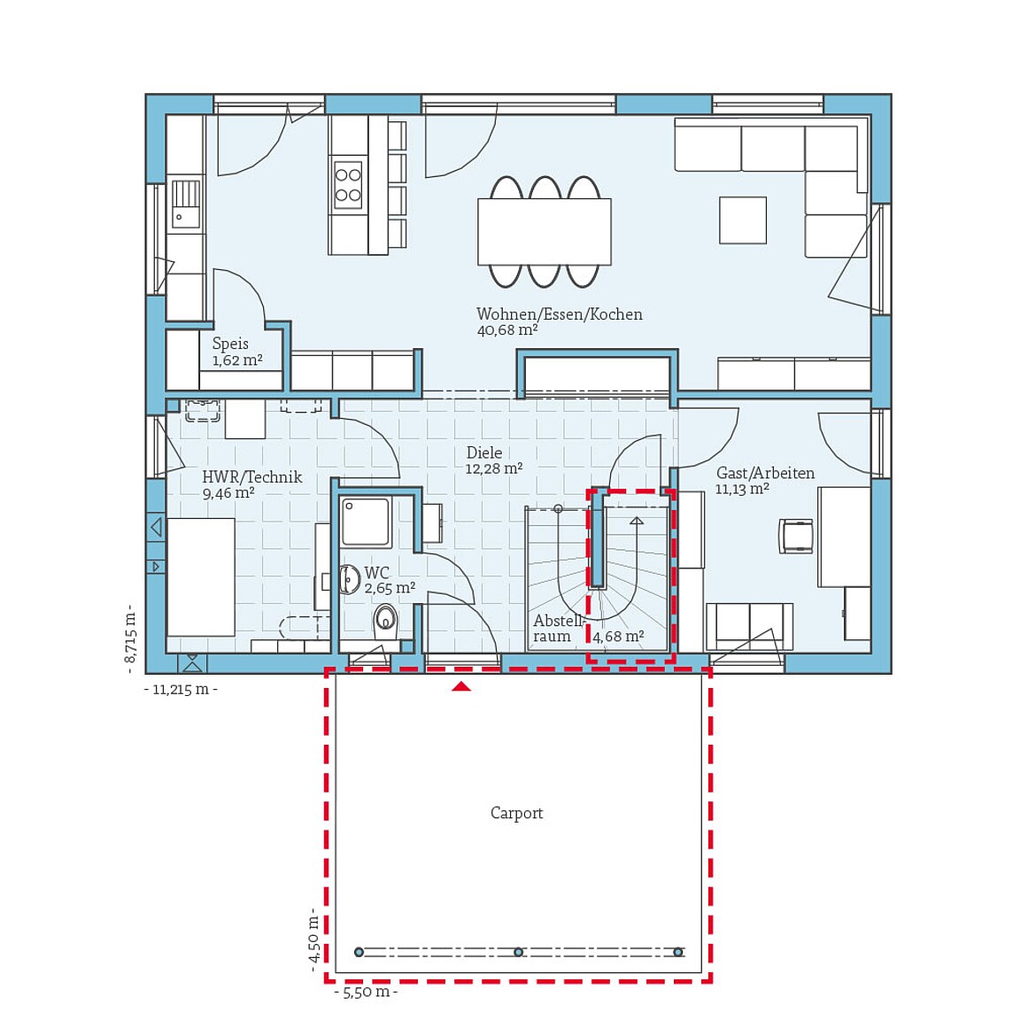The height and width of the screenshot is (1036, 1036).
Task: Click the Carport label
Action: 516,813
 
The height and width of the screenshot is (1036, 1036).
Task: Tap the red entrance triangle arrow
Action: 461,685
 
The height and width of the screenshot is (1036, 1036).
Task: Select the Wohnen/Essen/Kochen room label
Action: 559,314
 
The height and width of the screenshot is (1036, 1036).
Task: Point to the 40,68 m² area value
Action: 506,330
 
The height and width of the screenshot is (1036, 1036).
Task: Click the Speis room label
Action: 230,344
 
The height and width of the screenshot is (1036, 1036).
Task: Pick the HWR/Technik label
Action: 251,477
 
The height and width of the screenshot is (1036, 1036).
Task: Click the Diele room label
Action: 484,452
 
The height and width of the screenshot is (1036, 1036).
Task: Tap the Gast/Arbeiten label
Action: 765,473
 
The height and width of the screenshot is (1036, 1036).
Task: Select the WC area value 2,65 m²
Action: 390,588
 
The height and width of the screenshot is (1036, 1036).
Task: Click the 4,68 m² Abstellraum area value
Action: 618,637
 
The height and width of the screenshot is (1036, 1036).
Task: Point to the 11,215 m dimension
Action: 181,690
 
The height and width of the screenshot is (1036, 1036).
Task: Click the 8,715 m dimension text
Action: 130,634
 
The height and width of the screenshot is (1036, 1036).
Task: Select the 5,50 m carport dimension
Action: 366,993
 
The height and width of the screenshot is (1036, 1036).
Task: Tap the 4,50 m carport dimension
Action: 313,939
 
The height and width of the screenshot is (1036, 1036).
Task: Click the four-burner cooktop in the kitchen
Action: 348,184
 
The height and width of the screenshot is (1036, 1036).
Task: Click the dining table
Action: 544,231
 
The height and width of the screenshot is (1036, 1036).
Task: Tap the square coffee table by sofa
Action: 742,220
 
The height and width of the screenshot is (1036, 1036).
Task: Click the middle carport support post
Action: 518,952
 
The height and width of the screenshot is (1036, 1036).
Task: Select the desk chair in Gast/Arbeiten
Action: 796,537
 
